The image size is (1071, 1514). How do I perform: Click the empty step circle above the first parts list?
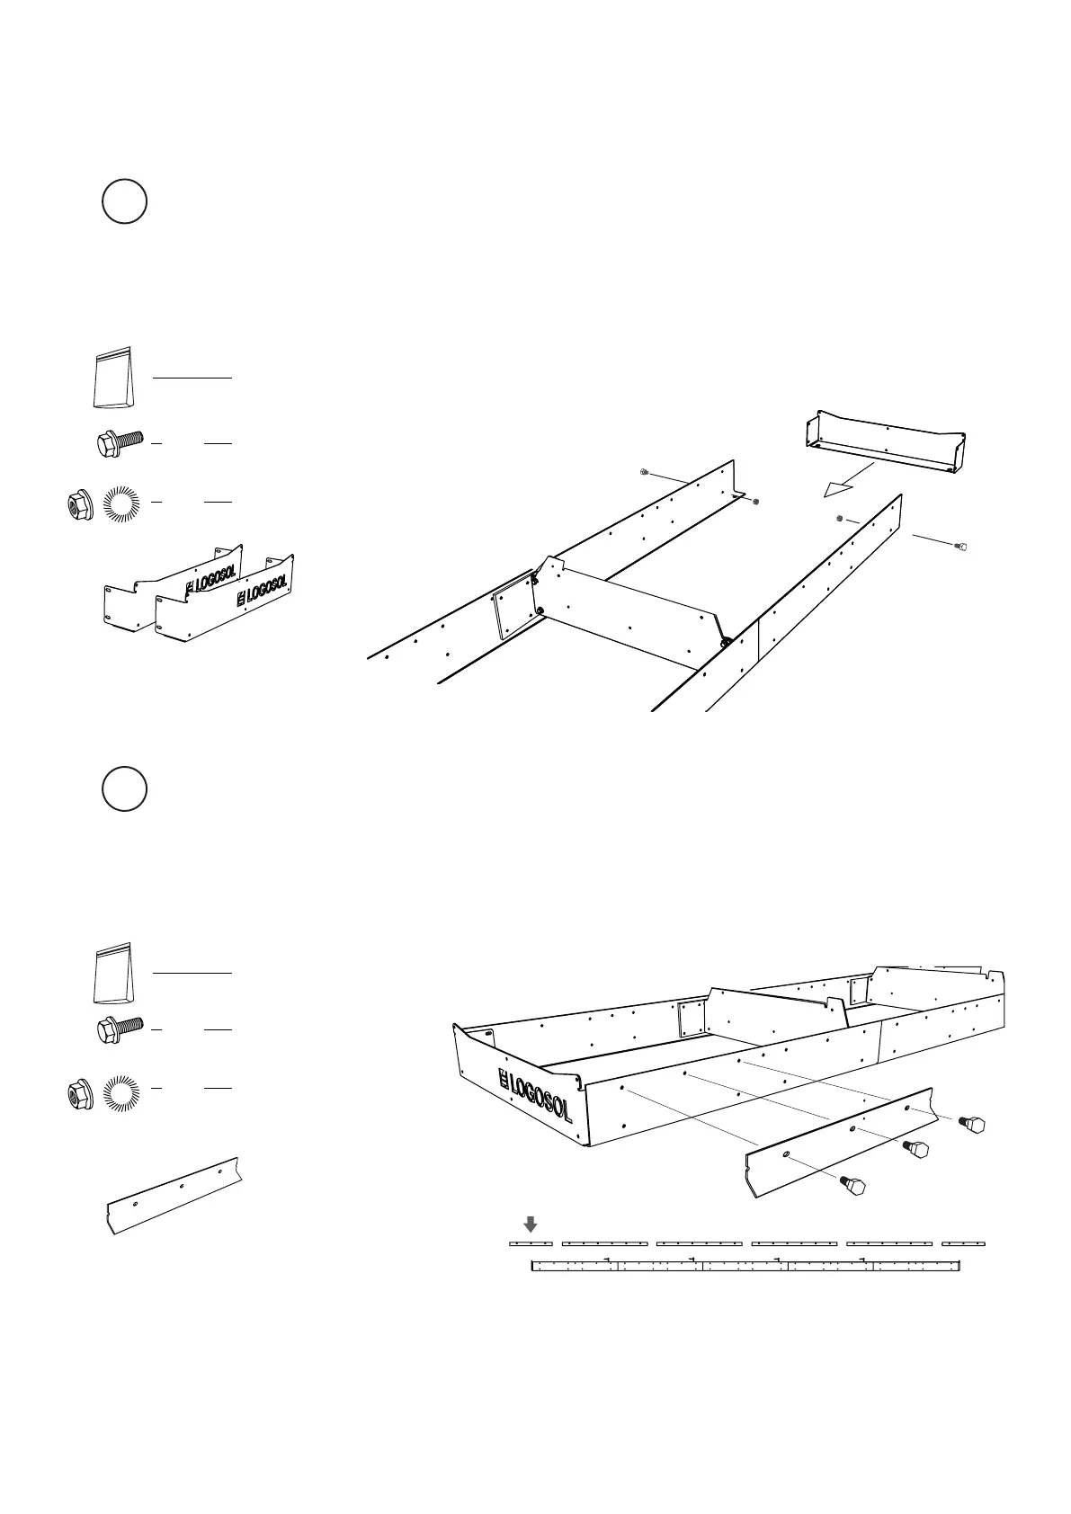point(124,201)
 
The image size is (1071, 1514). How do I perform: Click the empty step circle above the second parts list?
point(124,789)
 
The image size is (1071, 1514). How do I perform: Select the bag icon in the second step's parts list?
point(113,972)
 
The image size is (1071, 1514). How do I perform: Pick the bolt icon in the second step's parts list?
point(120,1029)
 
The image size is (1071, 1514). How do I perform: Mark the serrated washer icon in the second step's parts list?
point(121,1092)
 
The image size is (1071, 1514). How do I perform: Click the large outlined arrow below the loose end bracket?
point(838,488)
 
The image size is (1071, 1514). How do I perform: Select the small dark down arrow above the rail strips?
point(531,1224)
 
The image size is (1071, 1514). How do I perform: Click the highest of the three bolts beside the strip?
point(972,1123)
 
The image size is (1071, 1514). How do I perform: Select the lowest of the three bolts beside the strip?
point(852,1186)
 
